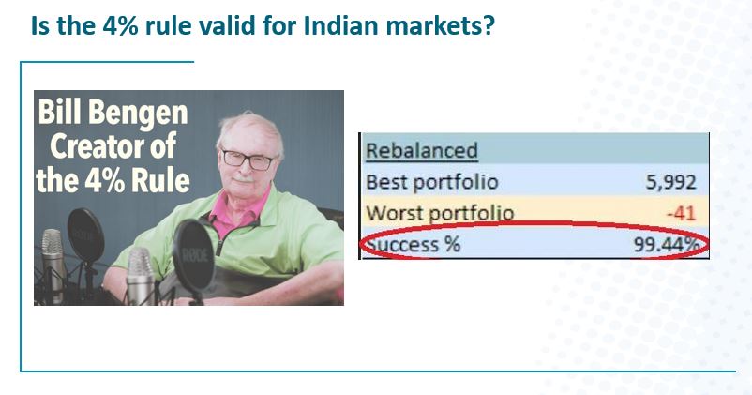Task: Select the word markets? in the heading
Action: (x=440, y=25)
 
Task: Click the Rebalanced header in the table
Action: (x=422, y=151)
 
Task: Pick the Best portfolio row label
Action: (x=432, y=182)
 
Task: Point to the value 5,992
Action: (x=670, y=182)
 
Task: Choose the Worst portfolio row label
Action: (x=440, y=213)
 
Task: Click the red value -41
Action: (x=681, y=213)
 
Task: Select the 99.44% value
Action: (x=666, y=245)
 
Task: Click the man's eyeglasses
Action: (x=248, y=160)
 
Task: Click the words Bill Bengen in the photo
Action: (x=113, y=112)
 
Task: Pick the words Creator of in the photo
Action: (x=113, y=145)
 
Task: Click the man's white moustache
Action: (x=244, y=178)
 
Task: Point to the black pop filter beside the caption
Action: (x=85, y=235)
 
